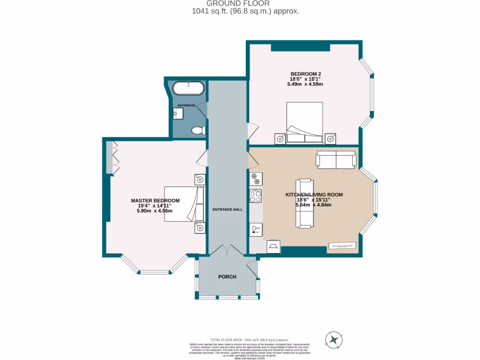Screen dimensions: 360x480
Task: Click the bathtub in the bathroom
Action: click(x=188, y=89)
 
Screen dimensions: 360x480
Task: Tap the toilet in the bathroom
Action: click(x=199, y=130)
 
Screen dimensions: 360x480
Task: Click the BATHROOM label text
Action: click(x=186, y=105)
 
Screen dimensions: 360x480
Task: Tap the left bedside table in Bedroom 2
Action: click(x=280, y=138)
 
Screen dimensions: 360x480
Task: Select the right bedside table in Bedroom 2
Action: click(x=331, y=138)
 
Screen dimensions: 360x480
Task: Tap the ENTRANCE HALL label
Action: click(x=227, y=210)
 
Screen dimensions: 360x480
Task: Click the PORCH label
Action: click(x=227, y=277)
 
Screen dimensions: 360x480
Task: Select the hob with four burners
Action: click(x=255, y=196)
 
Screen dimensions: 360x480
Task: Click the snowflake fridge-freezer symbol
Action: click(x=255, y=178)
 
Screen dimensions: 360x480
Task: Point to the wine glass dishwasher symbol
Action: click(x=255, y=229)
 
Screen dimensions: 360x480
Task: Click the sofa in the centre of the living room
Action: click(x=305, y=203)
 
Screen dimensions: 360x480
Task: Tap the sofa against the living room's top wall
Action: click(x=336, y=160)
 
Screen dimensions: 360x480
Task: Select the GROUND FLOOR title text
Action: click(x=245, y=3)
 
